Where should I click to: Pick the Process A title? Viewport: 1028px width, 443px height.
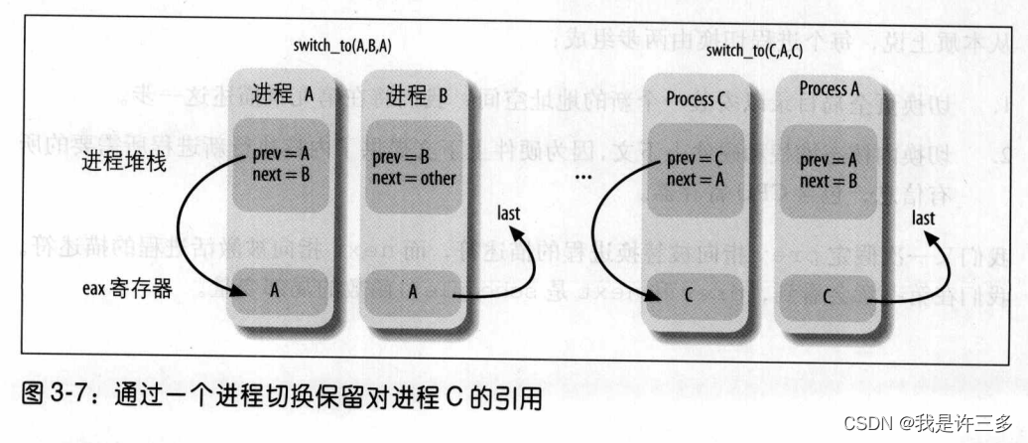[x=823, y=89]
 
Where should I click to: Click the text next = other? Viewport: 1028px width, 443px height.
[x=415, y=179]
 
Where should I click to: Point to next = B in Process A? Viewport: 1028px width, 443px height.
[x=828, y=181]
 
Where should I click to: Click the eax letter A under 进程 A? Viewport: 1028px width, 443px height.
[x=275, y=291]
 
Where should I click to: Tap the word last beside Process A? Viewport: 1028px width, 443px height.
[x=924, y=218]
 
